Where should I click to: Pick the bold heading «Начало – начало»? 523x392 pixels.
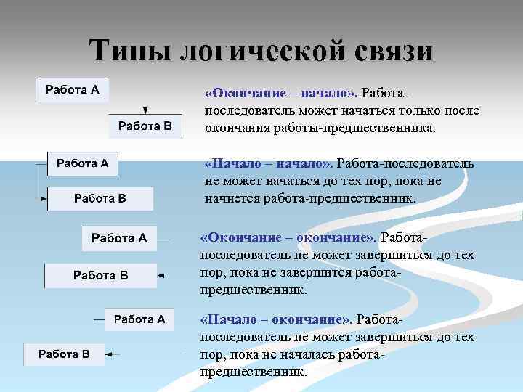pyautogui.click(x=268, y=163)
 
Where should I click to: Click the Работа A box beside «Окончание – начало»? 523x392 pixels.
pyautogui.click(x=73, y=90)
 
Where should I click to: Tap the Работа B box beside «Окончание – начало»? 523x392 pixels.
pyautogui.click(x=145, y=126)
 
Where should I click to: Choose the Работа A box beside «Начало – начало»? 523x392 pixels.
pyautogui.click(x=83, y=163)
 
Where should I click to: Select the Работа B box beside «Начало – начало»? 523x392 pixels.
pyautogui.click(x=100, y=198)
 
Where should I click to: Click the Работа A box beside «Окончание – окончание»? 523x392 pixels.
pyautogui.click(x=119, y=238)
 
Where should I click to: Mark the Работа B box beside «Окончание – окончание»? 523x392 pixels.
pyautogui.click(x=100, y=275)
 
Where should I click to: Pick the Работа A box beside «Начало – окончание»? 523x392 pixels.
pyautogui.click(x=139, y=319)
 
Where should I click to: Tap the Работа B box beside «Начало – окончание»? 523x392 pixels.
pyautogui.click(x=64, y=354)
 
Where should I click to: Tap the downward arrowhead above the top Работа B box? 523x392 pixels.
pyautogui.click(x=145, y=110)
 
